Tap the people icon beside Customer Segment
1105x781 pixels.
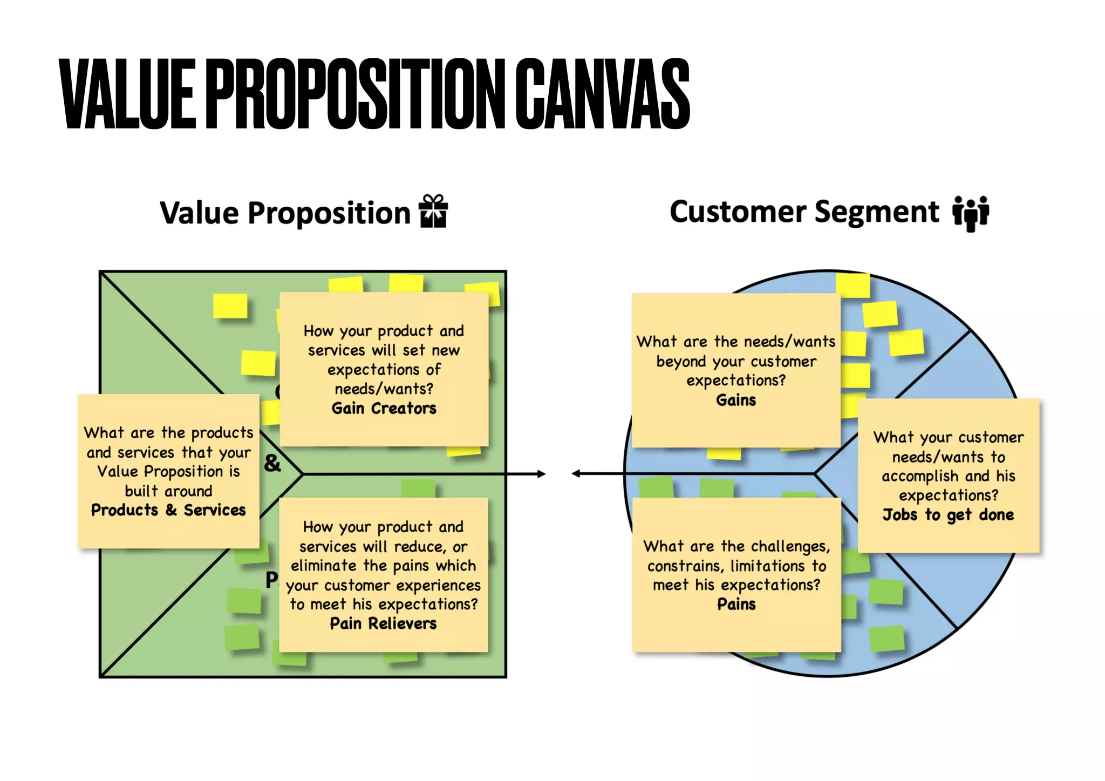(x=970, y=213)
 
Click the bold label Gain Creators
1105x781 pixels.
(x=384, y=409)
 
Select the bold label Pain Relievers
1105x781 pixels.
(x=383, y=624)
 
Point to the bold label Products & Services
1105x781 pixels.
(x=168, y=510)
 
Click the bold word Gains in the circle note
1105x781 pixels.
(x=736, y=400)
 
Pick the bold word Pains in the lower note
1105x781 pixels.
(x=736, y=604)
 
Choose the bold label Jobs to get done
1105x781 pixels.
(x=948, y=515)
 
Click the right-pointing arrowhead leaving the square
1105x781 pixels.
(x=541, y=474)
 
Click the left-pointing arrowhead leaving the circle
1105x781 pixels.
(x=576, y=474)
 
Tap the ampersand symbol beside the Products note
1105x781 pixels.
(x=272, y=463)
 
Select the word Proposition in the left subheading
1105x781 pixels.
(x=329, y=213)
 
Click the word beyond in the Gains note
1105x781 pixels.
(x=681, y=361)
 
